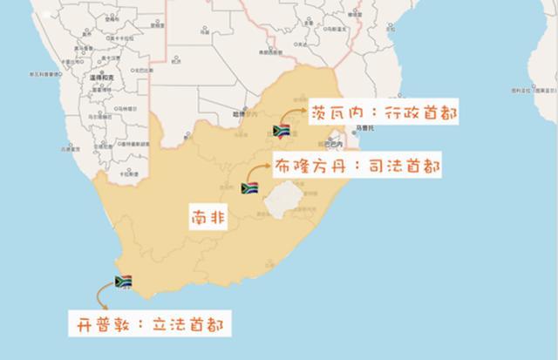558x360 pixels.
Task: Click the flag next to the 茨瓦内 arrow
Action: click(x=282, y=132)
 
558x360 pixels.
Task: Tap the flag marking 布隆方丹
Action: click(x=248, y=187)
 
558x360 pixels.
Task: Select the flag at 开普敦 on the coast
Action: click(x=123, y=282)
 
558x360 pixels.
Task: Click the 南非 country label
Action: click(x=208, y=217)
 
